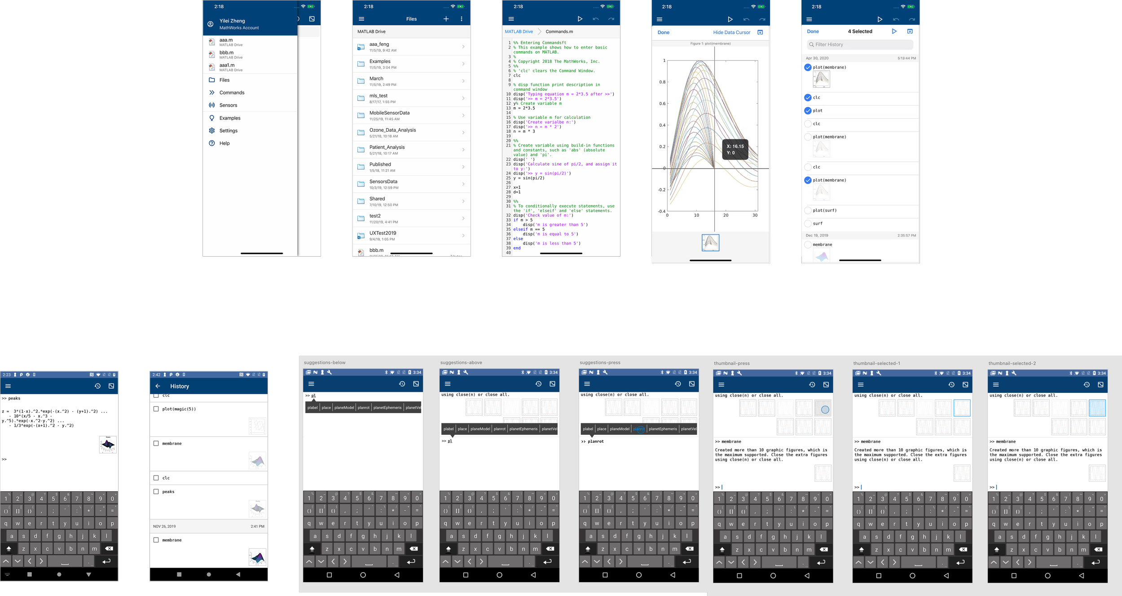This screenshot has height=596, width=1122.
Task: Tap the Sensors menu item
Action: coord(228,105)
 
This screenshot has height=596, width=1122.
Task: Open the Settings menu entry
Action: coord(228,131)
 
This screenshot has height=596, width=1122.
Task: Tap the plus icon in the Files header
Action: coord(446,19)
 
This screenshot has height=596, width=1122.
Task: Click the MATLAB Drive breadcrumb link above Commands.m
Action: coord(519,31)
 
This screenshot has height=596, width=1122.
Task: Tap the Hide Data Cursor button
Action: coord(731,32)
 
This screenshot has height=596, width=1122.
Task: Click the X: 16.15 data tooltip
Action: coord(735,150)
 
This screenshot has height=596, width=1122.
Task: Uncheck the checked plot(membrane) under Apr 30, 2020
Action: coord(808,67)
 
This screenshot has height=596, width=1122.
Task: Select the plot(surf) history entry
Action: coord(808,210)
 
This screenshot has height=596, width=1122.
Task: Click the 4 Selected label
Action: coord(860,31)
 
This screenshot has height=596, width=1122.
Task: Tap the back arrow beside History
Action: coord(158,386)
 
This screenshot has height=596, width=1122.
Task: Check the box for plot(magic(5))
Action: coord(156,409)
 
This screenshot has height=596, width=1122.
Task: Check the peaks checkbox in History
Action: coord(156,492)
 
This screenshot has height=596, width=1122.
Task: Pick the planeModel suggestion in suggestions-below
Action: coord(344,408)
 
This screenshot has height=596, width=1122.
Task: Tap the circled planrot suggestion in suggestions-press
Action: coord(639,429)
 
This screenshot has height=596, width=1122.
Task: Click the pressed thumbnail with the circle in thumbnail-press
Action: coord(823,408)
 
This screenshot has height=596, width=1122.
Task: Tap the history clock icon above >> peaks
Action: coord(97,386)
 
